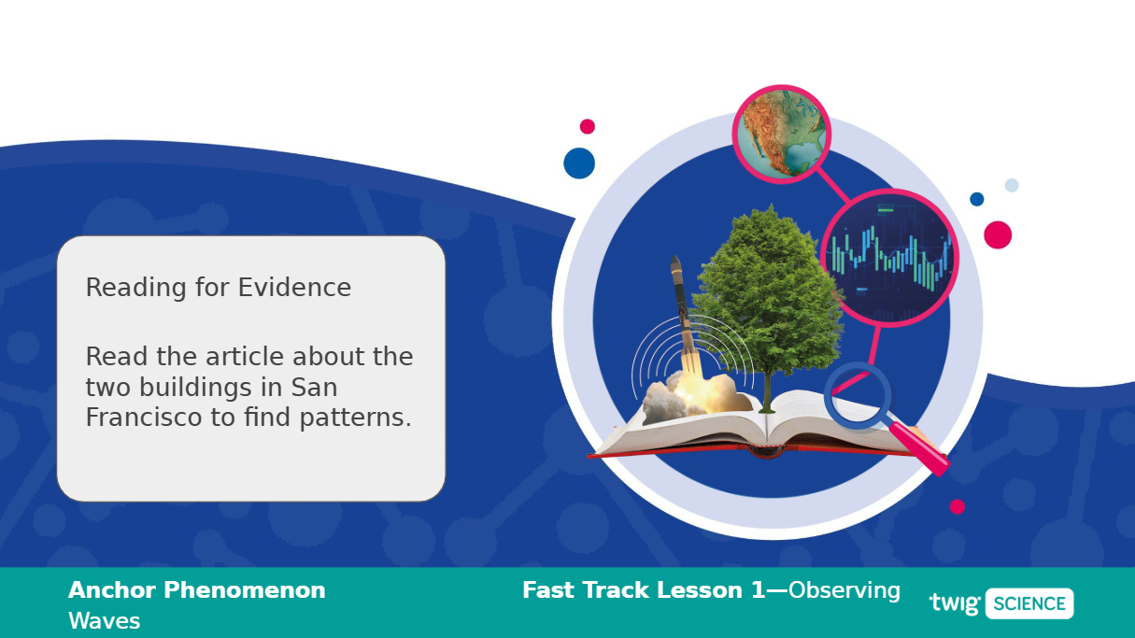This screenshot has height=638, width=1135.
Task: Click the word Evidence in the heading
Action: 294,288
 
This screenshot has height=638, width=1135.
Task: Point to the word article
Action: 245,356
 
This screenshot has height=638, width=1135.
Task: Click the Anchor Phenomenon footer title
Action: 196,590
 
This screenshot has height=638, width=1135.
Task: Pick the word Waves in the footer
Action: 104,621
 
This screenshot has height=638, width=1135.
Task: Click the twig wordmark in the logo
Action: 955,604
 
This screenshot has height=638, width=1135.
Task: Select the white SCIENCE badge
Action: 1029,603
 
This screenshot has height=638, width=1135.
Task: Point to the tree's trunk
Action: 767,391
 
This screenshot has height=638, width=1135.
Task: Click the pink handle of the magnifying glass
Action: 918,449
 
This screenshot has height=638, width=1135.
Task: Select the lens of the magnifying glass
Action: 858,396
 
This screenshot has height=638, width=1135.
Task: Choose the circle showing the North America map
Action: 781,134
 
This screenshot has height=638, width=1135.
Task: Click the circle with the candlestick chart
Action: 889,258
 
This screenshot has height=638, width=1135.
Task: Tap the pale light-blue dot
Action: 1012,185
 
